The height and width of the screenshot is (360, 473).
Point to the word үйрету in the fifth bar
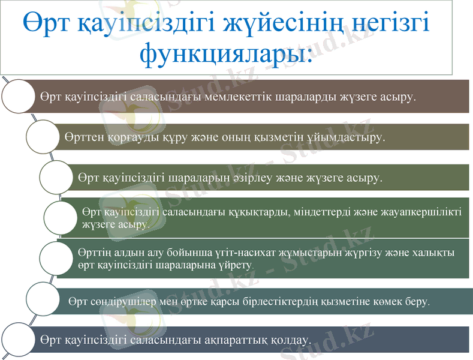coord(236,265)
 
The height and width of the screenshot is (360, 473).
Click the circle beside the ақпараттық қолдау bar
coord(19,340)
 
